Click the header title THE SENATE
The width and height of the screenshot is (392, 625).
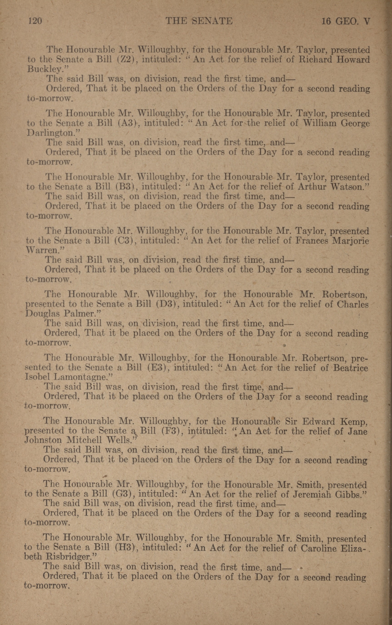click(199, 21)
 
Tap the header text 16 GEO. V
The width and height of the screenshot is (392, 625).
click(346, 21)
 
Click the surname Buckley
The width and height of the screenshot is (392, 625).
click(44, 69)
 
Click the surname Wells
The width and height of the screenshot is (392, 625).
click(120, 441)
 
